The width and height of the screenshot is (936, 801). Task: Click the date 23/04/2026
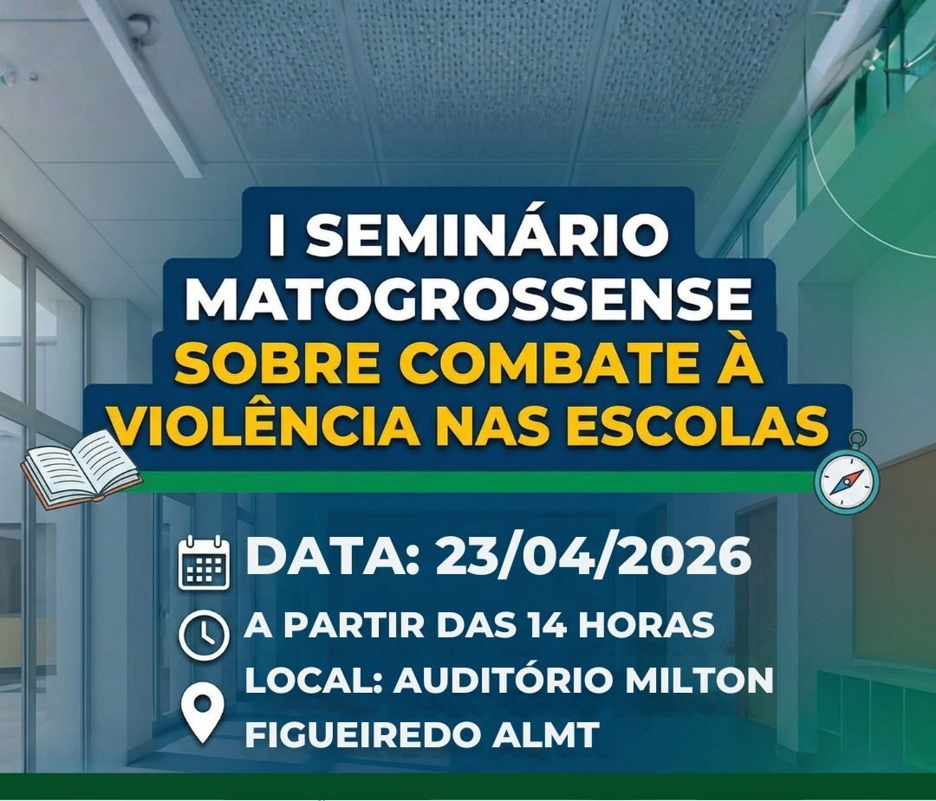[593, 557]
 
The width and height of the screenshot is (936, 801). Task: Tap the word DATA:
[333, 557]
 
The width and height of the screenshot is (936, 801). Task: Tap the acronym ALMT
[545, 734]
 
